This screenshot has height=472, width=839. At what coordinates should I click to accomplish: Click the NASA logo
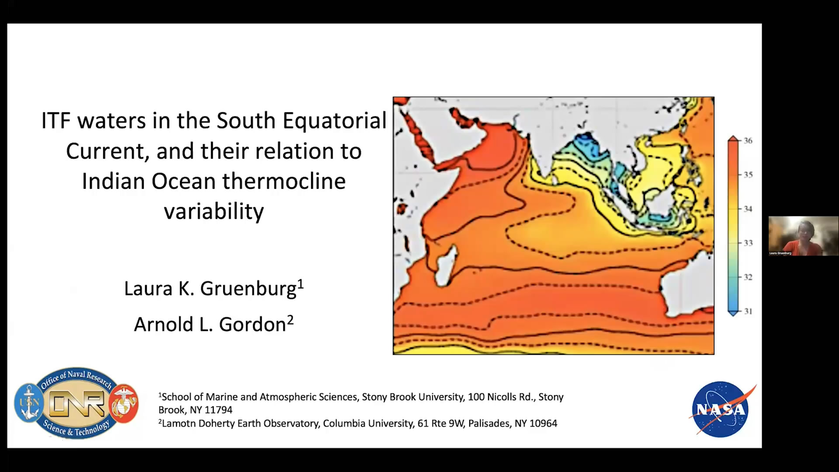722,410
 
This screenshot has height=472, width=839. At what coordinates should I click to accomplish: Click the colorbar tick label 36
748,140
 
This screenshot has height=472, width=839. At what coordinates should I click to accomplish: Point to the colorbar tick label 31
748,311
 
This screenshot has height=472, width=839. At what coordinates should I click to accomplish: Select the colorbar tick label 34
748,209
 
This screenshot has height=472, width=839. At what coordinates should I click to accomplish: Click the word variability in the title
214,212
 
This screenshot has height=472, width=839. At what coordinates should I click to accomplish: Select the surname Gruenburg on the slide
248,289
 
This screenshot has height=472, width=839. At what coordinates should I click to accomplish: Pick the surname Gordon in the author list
252,324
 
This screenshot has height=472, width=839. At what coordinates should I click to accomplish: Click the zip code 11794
218,410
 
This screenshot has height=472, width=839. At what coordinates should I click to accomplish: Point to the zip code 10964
543,423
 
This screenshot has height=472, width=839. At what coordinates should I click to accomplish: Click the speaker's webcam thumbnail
803,236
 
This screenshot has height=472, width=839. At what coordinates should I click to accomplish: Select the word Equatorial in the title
334,121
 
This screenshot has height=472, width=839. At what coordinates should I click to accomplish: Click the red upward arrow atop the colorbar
733,139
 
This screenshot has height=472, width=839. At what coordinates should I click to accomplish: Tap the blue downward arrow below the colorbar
733,313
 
